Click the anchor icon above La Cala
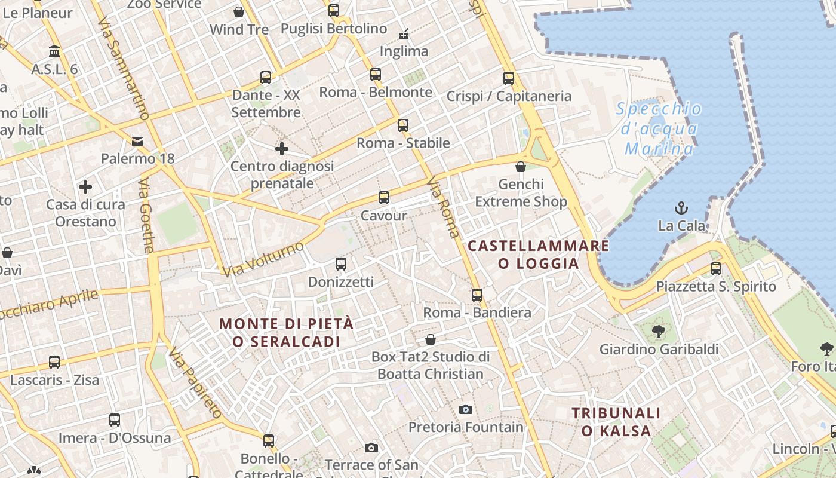pos(681,208)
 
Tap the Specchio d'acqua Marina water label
pos(659,128)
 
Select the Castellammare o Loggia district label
pos(538,255)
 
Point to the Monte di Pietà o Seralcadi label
pos(286,333)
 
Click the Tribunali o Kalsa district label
pos(616,422)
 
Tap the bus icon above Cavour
pos(384,198)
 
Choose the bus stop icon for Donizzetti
pos(341,264)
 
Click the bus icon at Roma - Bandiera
pos(477,295)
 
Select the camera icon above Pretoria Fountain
pos(466,409)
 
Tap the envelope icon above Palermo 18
pos(137,141)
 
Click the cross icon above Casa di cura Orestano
pos(85,187)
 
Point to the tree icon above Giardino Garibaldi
pos(659,331)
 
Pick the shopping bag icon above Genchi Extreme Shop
pos(521,167)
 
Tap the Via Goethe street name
pos(147,215)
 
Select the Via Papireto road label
pos(195,382)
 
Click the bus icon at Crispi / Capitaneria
pos(509,78)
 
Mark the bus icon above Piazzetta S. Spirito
pos(715,269)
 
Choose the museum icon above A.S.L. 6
pos(55,51)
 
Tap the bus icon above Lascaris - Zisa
pos(54,362)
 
